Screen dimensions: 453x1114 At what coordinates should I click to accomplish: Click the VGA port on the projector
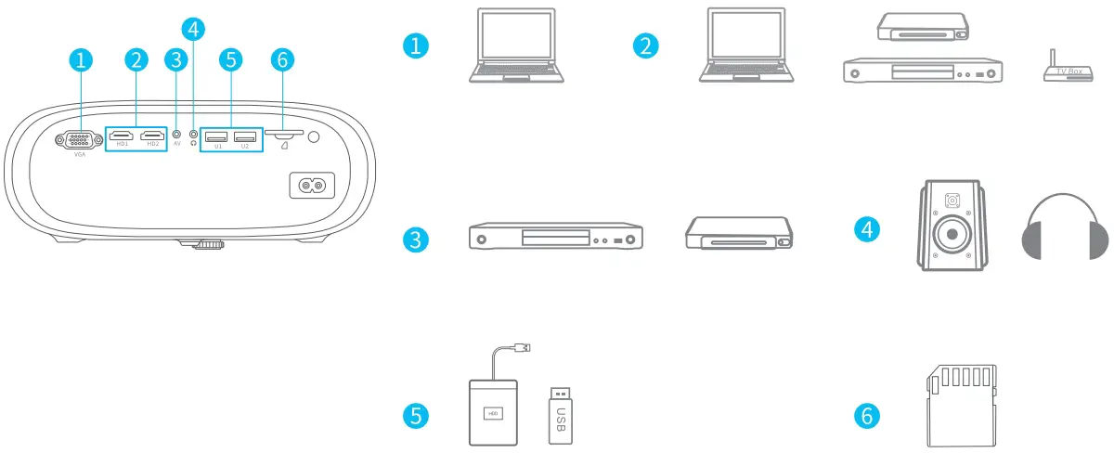pos(80,140)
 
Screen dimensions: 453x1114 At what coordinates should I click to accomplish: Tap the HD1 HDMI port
pos(122,137)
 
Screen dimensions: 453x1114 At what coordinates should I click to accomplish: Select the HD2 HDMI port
pos(151,137)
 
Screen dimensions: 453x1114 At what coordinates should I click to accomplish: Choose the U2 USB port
pos(245,137)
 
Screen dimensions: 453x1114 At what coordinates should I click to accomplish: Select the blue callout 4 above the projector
pos(193,28)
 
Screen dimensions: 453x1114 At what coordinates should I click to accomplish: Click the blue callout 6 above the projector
pos(283,60)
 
